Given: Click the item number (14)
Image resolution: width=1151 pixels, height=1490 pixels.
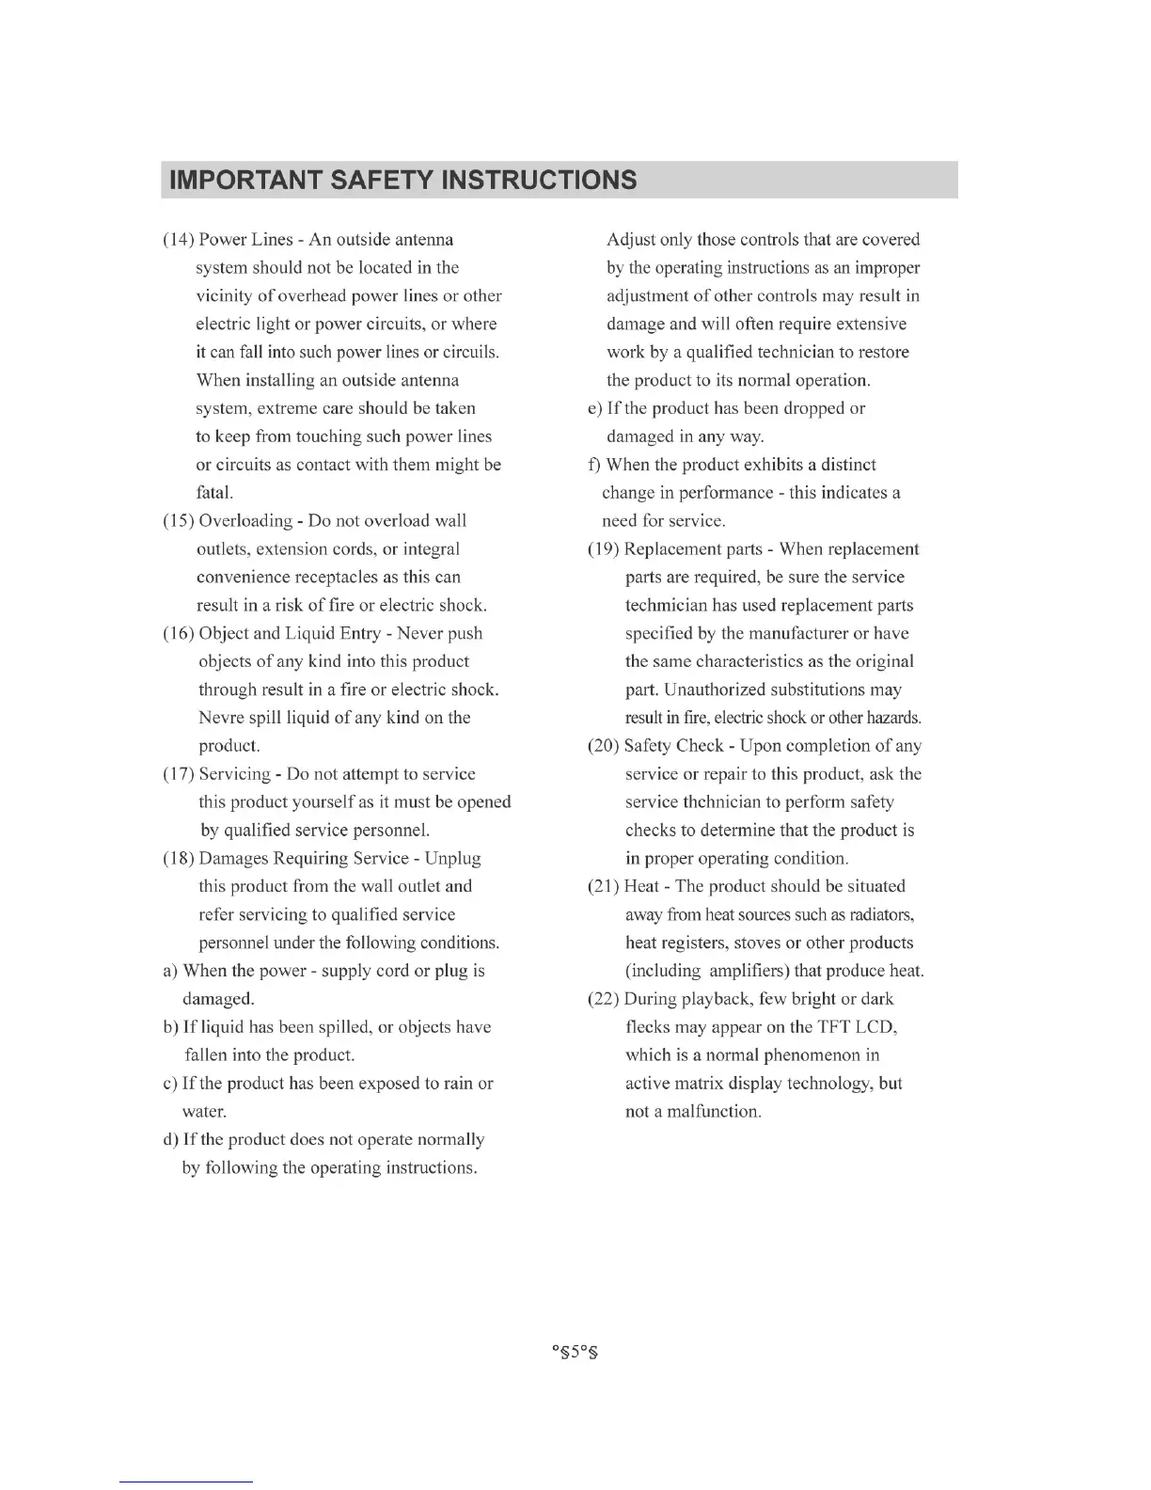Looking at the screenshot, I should coord(179,240).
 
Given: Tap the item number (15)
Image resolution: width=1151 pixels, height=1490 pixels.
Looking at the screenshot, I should coord(179,521).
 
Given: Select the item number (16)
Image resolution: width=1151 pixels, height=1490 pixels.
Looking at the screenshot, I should coord(179,633).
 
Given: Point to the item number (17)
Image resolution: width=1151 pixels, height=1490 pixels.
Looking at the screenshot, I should coord(179,774).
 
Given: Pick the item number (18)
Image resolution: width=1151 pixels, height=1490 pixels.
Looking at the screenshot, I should coord(179,859).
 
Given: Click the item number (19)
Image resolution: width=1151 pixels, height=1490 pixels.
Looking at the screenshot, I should coord(604,549).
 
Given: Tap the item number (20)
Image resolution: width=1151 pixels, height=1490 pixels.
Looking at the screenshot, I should coord(604,746).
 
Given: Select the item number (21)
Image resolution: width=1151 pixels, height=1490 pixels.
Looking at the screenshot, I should coord(604,886).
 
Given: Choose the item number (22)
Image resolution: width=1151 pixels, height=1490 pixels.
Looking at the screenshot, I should coord(604,999).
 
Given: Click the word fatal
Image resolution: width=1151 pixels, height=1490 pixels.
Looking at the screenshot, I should coord(214,493).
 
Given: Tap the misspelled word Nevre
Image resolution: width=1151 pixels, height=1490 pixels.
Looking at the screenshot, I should coord(222,718).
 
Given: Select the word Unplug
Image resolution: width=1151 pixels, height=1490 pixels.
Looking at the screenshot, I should coord(452,859).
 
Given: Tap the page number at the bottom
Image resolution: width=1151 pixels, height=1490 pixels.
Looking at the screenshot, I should coord(575,1354).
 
